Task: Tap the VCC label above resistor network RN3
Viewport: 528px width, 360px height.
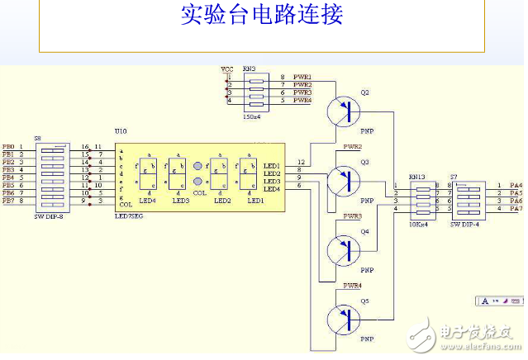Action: click(x=227, y=69)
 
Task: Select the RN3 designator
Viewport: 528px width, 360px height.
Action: click(x=250, y=69)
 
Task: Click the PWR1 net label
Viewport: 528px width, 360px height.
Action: click(x=302, y=77)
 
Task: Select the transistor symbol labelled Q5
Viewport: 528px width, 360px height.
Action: click(x=345, y=317)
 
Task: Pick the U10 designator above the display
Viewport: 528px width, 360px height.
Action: click(x=121, y=131)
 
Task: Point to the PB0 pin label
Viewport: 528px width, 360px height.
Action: click(x=8, y=146)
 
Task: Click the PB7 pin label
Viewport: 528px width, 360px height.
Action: click(x=8, y=201)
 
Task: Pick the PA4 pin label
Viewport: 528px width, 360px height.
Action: click(x=514, y=186)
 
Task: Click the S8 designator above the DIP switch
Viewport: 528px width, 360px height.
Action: click(x=38, y=138)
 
